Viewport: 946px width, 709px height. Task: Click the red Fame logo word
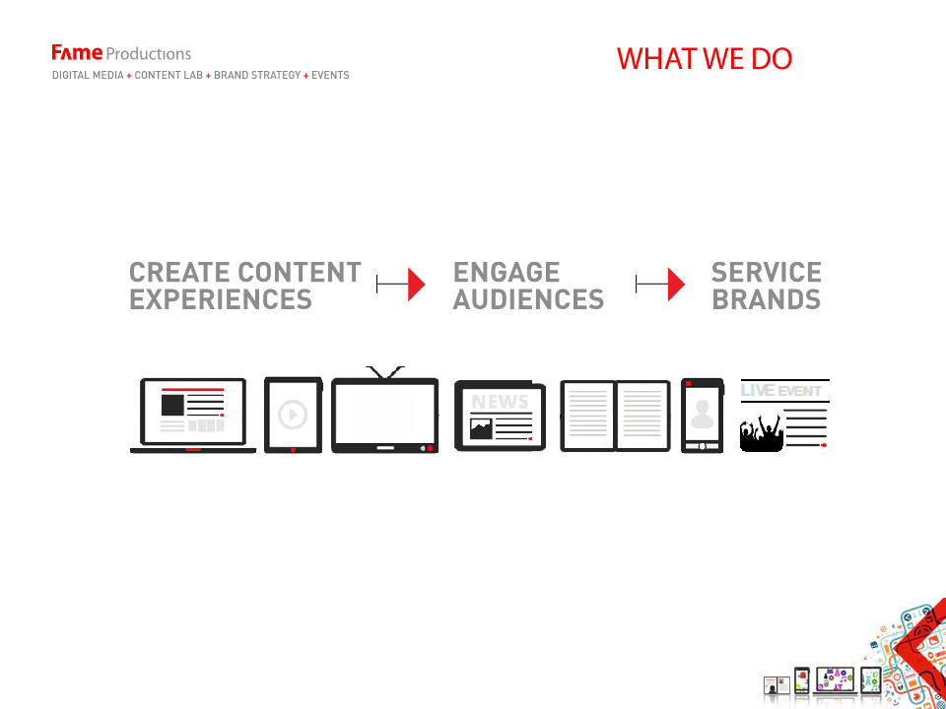tap(77, 53)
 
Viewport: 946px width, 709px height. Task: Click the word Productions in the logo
tap(149, 54)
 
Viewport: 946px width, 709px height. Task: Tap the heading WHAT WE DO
tap(704, 58)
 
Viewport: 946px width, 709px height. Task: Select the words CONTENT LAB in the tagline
tap(169, 76)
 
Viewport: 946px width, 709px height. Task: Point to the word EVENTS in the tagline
tap(330, 76)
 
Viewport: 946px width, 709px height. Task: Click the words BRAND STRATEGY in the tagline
tap(257, 76)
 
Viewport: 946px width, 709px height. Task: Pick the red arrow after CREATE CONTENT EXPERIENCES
tap(401, 284)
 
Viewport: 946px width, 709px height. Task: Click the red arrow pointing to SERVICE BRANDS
tap(660, 284)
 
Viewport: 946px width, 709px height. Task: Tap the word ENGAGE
tap(507, 273)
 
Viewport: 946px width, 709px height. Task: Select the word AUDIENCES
tap(528, 299)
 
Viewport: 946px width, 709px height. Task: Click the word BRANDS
tap(767, 299)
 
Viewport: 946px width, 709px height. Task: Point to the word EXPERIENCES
tap(221, 299)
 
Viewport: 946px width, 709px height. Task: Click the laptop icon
tap(193, 416)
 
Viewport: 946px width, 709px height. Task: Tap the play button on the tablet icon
tap(293, 415)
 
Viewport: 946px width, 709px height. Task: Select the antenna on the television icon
tap(385, 372)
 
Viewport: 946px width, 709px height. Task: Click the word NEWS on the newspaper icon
tap(500, 402)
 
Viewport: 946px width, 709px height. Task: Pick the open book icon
tap(615, 416)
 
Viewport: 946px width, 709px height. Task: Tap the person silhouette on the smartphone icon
tap(702, 415)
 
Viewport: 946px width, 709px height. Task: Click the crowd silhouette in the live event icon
tap(762, 430)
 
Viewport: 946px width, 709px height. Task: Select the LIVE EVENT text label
tap(780, 391)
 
